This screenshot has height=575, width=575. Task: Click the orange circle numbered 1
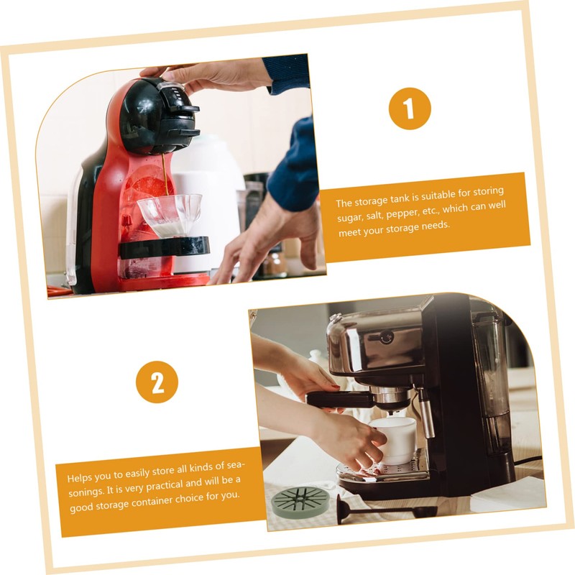coord(410,109)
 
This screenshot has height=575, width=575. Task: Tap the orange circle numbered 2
coord(157,382)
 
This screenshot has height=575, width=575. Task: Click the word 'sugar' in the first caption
coord(349,217)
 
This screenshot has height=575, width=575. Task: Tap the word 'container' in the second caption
coord(152,501)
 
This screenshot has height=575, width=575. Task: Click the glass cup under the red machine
coord(170,213)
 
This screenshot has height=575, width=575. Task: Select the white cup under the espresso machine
coord(394,441)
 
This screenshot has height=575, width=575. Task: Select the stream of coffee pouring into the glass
coord(165,175)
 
